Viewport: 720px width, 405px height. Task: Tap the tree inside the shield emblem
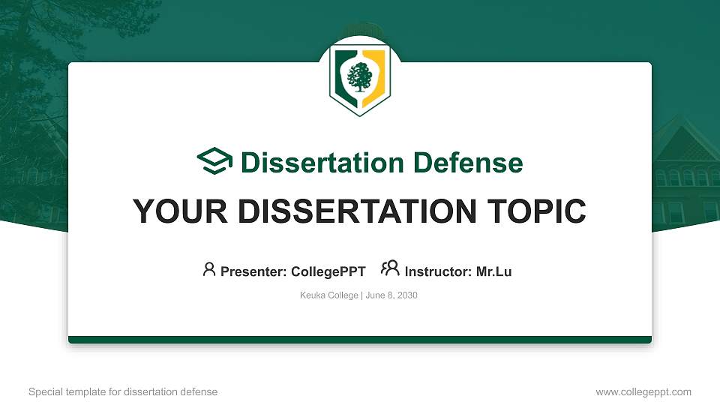pos(360,77)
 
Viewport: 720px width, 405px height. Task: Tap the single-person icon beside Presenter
pos(209,268)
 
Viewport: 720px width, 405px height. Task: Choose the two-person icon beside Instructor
pos(390,268)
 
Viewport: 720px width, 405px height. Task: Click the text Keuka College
pos(328,295)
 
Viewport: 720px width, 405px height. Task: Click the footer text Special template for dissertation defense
pos(123,391)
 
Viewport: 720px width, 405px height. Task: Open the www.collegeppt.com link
pos(643,391)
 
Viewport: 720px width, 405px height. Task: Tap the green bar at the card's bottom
pos(360,340)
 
